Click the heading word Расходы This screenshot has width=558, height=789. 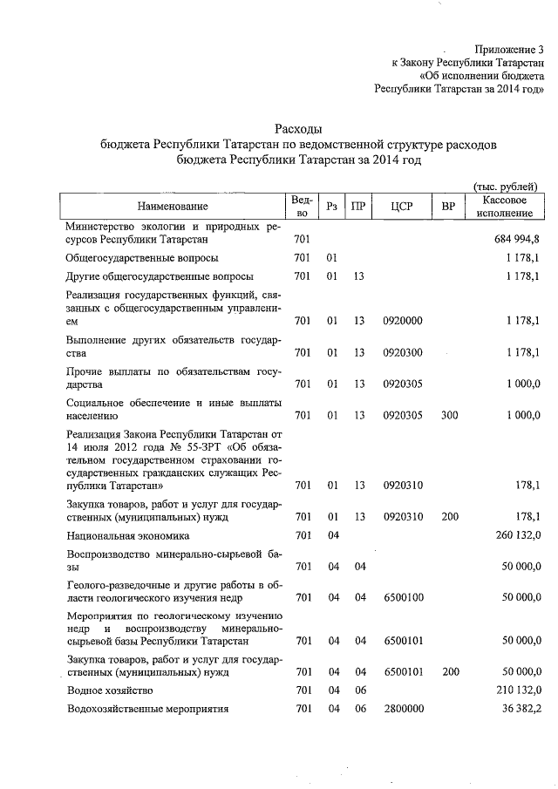pyautogui.click(x=298, y=130)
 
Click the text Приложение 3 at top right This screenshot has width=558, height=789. pyautogui.click(x=509, y=50)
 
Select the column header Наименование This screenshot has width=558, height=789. pyautogui.click(x=173, y=206)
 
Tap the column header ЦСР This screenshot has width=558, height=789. pyautogui.click(x=402, y=206)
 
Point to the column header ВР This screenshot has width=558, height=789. pyautogui.click(x=449, y=206)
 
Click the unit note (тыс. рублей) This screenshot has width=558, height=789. pyautogui.click(x=504, y=186)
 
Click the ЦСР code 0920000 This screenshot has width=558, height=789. pyautogui.click(x=402, y=321)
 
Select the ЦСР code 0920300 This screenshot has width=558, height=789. pyautogui.click(x=402, y=353)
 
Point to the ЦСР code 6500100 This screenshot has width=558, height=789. pyautogui.click(x=402, y=597)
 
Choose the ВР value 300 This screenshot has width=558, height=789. pyautogui.click(x=449, y=416)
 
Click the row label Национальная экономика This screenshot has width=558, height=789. pyautogui.click(x=127, y=535)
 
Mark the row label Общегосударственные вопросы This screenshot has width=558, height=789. pyautogui.click(x=141, y=258)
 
